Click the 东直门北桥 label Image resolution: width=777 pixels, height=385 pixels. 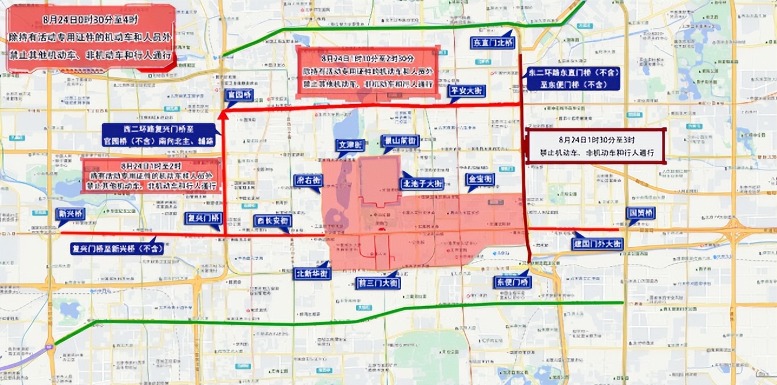[493, 43]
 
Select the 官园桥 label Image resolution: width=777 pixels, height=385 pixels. [240, 94]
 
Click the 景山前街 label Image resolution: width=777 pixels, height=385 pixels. [401, 141]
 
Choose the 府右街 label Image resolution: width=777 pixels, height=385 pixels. [308, 179]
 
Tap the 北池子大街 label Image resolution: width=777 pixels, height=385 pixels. [422, 183]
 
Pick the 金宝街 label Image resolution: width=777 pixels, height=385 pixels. [480, 179]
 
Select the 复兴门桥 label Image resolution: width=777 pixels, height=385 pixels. [205, 217]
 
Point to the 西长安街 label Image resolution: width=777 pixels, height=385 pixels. [274, 221]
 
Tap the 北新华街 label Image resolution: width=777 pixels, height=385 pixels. [313, 273]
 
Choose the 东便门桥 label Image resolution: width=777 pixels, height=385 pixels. [512, 283]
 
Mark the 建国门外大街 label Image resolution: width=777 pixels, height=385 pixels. [597, 244]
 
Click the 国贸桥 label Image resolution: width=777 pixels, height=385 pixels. [640, 213]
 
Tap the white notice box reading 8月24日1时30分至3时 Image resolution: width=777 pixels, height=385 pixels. [595, 146]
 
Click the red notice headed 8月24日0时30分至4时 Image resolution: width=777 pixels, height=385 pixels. [90, 38]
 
